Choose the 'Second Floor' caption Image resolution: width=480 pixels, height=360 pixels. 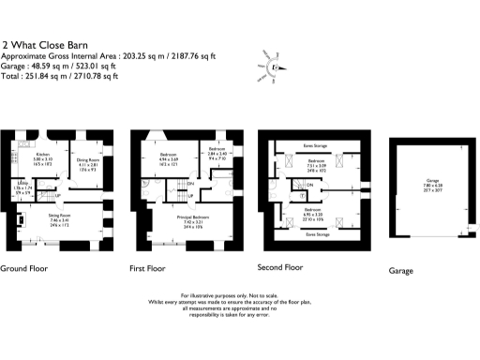280,267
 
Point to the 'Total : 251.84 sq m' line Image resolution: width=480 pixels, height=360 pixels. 60,75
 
